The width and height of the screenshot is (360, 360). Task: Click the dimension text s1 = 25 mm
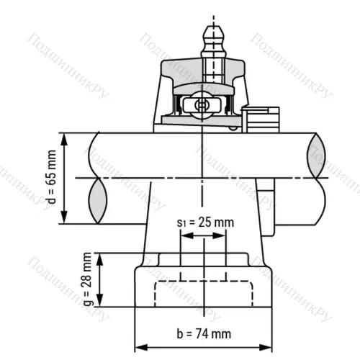click(205, 222)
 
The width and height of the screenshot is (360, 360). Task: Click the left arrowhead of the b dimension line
click(138, 343)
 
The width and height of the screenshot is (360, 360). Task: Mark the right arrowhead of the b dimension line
click(272, 343)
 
